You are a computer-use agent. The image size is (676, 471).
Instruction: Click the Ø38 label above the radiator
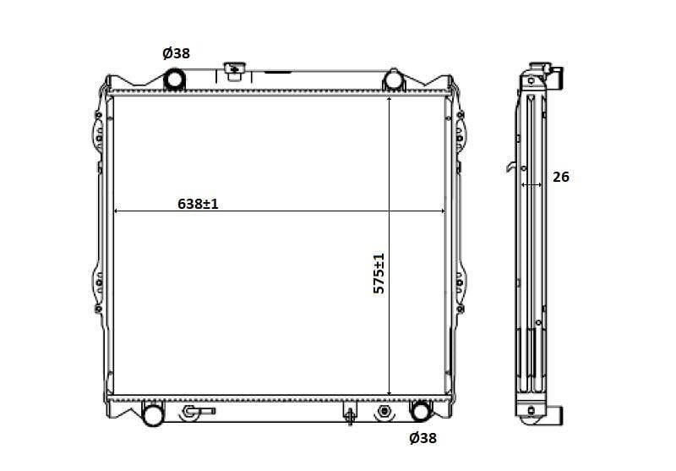pyautogui.click(x=176, y=53)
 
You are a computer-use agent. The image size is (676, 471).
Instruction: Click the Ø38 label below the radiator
pyautogui.click(x=422, y=438)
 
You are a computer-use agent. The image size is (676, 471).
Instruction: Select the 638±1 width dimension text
pyautogui.click(x=198, y=204)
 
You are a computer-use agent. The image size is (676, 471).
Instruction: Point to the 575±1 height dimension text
pyautogui.click(x=379, y=273)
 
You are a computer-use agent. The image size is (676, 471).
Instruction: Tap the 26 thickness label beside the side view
pyautogui.click(x=560, y=177)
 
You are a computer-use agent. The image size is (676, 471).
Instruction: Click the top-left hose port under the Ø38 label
pyautogui.click(x=174, y=79)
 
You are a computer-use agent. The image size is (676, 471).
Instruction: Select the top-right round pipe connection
pyautogui.click(x=393, y=80)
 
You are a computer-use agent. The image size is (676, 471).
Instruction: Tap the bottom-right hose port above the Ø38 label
pyautogui.click(x=419, y=412)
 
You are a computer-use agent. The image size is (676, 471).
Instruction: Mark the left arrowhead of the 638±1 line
pyautogui.click(x=117, y=211)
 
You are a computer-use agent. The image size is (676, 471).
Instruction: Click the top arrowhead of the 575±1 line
pyautogui.click(x=389, y=100)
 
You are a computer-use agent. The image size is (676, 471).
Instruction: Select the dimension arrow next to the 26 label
pyautogui.click(x=531, y=183)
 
